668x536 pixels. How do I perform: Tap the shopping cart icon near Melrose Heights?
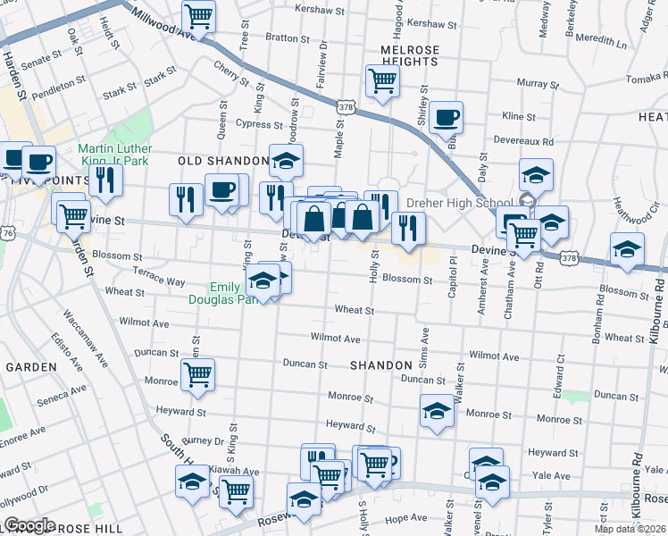point(382,81)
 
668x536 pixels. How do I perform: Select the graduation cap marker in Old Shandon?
point(286,162)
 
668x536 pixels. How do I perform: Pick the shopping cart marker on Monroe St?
point(197,374)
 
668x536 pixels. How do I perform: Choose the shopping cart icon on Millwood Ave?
point(198,16)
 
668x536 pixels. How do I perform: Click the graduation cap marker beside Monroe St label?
point(437,412)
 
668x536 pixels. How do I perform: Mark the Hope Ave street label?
point(407,517)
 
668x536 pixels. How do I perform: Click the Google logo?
point(29,525)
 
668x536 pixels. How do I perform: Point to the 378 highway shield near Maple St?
point(346,107)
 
